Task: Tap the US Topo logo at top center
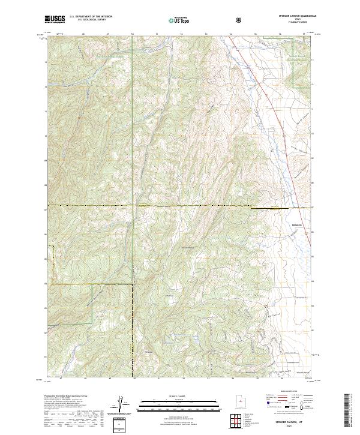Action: [173, 20]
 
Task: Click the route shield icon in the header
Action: [205, 20]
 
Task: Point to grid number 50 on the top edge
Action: [133, 33]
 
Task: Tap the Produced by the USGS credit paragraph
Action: [72, 408]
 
